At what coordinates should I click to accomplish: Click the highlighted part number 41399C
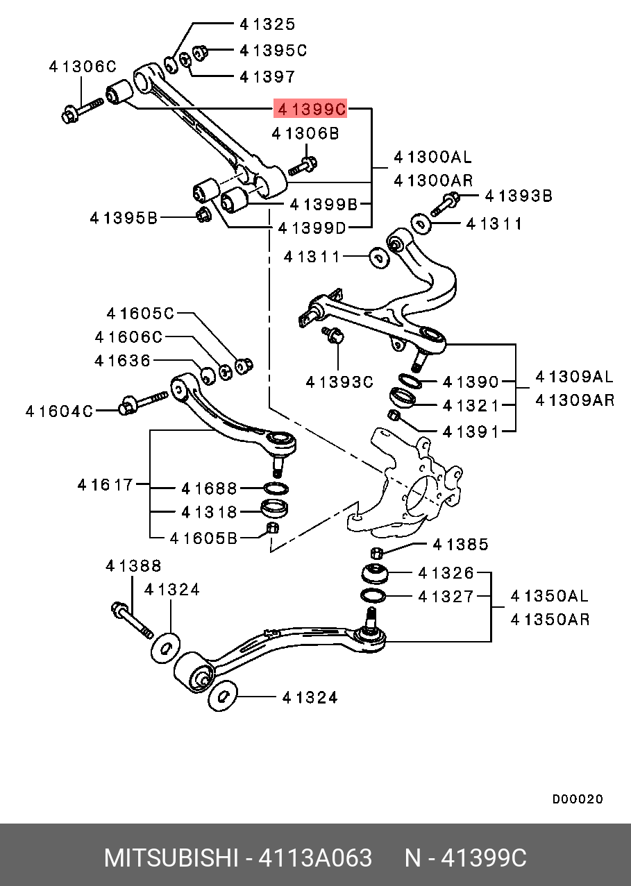(311, 108)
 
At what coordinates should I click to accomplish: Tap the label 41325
(267, 24)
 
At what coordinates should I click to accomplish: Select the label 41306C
(82, 67)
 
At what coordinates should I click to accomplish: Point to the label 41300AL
(432, 157)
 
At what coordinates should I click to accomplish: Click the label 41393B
(518, 196)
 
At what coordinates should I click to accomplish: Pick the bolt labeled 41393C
(335, 337)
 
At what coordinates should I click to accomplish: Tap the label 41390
(471, 382)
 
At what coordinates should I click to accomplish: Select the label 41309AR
(575, 400)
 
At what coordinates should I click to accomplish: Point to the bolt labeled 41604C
(142, 403)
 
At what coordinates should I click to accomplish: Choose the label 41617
(105, 484)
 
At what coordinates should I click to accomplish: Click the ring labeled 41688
(277, 488)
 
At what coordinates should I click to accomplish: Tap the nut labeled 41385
(376, 552)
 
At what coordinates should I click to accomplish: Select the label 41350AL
(549, 596)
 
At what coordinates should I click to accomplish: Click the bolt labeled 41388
(132, 620)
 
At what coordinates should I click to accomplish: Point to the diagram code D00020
(578, 799)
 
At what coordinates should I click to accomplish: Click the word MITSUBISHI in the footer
(170, 858)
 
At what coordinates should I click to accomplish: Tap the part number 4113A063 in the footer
(315, 858)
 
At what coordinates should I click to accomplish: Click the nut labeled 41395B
(203, 215)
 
